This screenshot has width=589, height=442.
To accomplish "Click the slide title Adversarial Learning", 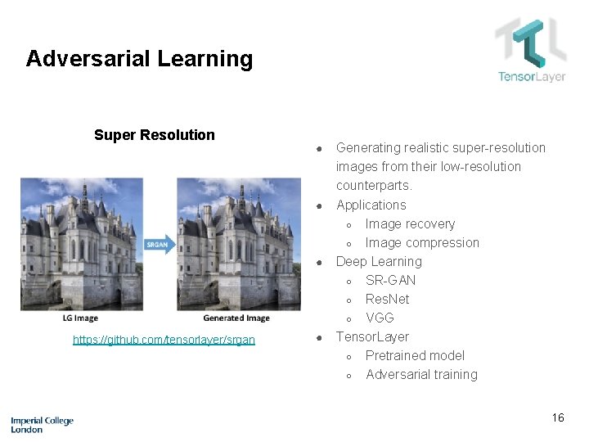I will click(x=139, y=59).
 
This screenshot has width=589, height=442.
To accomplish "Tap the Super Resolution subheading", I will click(x=154, y=135).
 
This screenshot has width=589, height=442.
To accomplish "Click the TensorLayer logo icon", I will click(x=530, y=43).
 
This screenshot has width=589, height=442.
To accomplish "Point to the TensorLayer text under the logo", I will click(x=532, y=77).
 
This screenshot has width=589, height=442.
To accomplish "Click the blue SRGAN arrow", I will click(x=159, y=245).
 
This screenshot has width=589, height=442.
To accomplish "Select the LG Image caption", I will click(x=80, y=318).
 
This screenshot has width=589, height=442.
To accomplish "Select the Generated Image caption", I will click(x=236, y=318).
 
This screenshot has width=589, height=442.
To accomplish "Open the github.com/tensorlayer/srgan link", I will click(x=164, y=340).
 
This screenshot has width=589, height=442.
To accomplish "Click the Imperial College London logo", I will click(x=42, y=424).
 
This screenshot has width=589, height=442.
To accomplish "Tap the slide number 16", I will click(x=557, y=417).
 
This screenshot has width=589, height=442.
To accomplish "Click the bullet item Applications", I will click(x=371, y=205).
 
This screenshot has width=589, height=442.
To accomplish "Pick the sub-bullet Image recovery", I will click(x=410, y=223).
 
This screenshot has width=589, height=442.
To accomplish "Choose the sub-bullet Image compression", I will click(x=422, y=242).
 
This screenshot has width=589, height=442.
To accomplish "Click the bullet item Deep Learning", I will click(x=379, y=261).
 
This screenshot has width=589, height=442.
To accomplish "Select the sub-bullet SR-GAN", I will click(x=390, y=280).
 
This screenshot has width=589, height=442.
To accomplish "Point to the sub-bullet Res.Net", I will click(x=387, y=299).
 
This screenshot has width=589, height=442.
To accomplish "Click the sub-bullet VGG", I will click(x=380, y=318).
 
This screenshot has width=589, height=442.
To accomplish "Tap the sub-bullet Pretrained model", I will click(x=415, y=355).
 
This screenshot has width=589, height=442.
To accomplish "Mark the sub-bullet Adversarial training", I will click(x=421, y=374).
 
